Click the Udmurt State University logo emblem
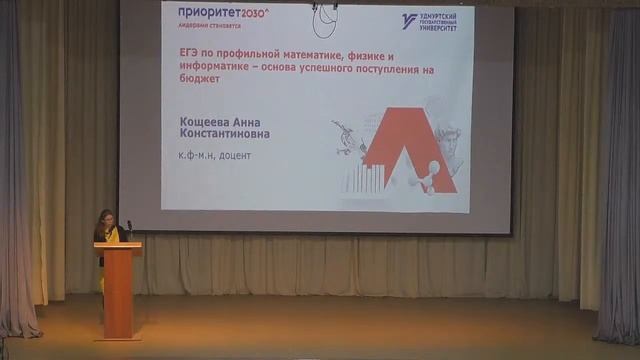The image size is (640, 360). click(408, 20)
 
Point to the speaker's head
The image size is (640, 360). click(106, 217)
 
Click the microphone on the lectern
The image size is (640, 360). click(129, 228)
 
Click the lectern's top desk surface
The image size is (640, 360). click(118, 244)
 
